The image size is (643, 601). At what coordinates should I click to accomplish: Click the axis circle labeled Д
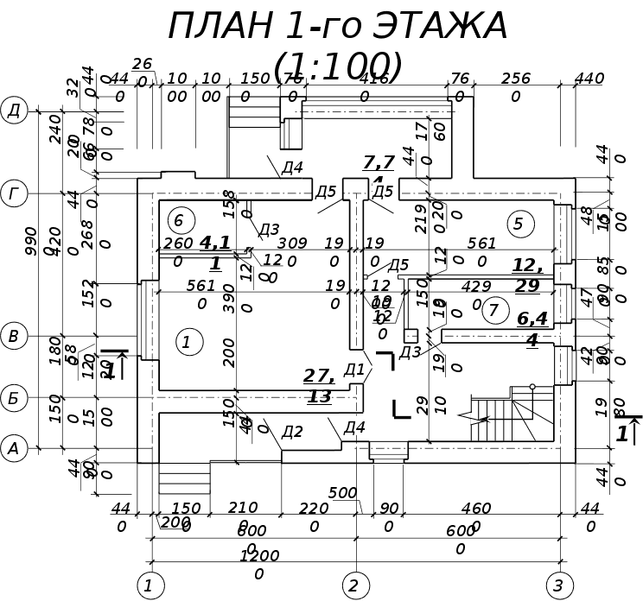(14, 111)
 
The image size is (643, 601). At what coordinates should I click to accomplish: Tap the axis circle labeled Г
(14, 194)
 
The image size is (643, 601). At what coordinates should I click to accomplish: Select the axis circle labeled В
(14, 336)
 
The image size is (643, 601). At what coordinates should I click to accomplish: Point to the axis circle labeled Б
(14, 398)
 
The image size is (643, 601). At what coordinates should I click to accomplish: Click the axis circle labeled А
(14, 448)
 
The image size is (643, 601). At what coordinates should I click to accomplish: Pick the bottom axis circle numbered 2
(353, 586)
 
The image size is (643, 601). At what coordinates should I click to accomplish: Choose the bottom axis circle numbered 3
(558, 586)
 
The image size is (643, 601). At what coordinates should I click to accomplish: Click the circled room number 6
(179, 220)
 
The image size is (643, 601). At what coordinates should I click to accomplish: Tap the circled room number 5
(519, 225)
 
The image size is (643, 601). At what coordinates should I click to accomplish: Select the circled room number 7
(494, 310)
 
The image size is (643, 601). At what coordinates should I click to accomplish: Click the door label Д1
(354, 370)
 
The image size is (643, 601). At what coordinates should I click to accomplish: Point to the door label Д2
(292, 432)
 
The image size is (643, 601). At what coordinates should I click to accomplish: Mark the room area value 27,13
(319, 386)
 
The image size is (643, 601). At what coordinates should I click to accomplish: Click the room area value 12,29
(526, 275)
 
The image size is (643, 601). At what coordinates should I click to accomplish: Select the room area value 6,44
(532, 329)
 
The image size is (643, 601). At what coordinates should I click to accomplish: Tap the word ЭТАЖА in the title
(440, 27)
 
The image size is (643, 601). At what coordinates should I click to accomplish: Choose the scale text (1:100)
(337, 66)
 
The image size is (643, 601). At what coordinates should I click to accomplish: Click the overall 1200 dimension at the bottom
(259, 564)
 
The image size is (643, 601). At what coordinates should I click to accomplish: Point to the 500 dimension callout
(342, 493)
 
